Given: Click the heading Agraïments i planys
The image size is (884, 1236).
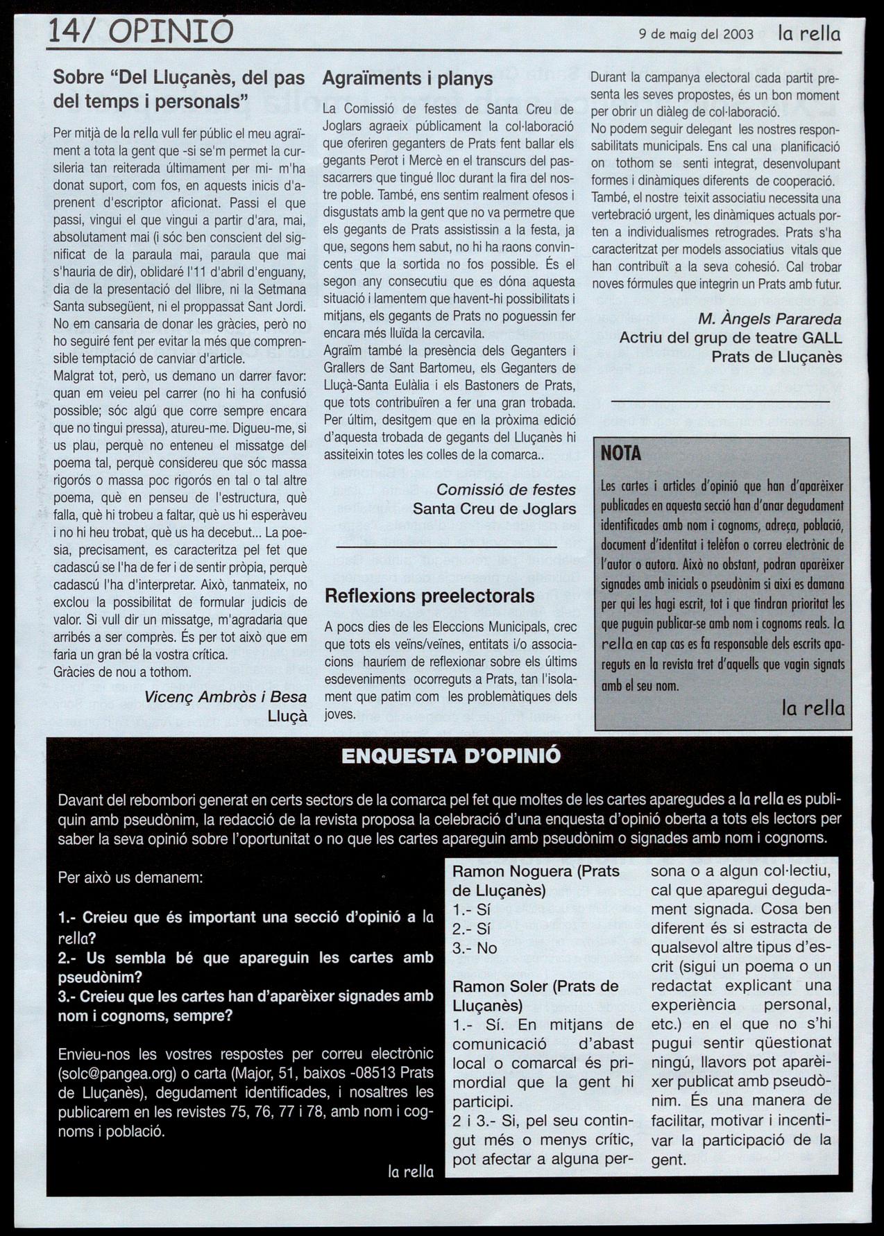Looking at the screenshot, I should pos(407,78).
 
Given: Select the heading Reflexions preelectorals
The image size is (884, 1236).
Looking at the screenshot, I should pos(430,596).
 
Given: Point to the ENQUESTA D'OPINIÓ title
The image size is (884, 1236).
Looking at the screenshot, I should pos(451,756).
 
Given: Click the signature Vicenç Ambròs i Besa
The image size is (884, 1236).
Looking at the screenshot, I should pos(226,697).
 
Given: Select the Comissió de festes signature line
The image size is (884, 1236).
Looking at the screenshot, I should pos(506,490).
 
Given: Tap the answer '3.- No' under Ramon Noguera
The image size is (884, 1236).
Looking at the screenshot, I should pos(475,948).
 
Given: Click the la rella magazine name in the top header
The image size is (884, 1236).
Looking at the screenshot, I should pos(808,33).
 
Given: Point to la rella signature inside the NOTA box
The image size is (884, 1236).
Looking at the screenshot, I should pos(813,708).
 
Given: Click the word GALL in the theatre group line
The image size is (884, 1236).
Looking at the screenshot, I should pos(822,338).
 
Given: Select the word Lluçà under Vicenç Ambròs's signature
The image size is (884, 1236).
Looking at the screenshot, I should pos(287,716).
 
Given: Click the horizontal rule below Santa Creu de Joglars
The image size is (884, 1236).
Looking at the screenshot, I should pos(446,548).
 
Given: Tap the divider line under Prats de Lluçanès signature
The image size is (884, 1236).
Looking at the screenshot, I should pos(720,402).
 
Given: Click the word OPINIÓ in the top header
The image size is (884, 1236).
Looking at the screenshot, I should pos(171,32).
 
